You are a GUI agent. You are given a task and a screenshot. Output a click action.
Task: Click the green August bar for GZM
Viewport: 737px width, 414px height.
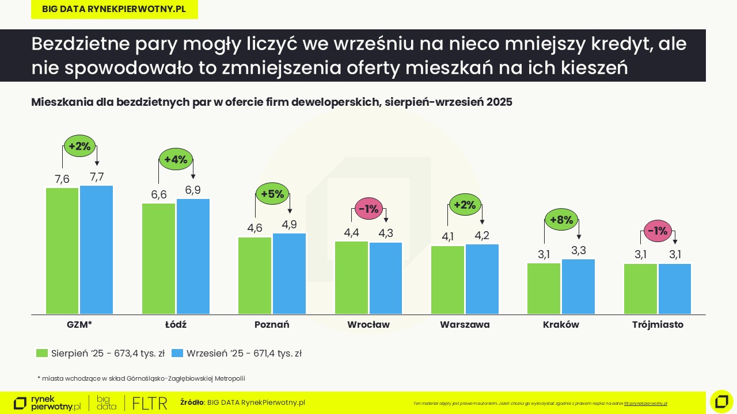click(62, 251)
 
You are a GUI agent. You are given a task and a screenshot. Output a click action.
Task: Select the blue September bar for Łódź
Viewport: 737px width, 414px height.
click(193, 256)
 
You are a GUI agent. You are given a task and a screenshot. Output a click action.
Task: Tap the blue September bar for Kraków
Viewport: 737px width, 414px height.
click(578, 286)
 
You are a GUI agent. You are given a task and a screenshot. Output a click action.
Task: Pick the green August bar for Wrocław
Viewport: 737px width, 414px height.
click(351, 277)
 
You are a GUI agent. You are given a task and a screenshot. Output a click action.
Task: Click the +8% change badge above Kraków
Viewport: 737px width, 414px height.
click(561, 220)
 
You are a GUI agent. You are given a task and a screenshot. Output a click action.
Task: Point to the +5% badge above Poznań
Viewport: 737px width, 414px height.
click(272, 194)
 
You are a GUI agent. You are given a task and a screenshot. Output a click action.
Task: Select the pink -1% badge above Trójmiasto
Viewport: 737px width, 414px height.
click(658, 231)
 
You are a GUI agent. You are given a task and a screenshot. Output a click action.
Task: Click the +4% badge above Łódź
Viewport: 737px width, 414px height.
click(176, 160)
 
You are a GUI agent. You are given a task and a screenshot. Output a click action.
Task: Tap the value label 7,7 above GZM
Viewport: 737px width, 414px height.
click(97, 177)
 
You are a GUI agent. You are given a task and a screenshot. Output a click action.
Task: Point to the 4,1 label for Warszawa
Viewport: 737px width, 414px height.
click(447, 236)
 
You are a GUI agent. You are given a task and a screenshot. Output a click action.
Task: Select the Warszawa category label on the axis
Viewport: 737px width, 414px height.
click(465, 324)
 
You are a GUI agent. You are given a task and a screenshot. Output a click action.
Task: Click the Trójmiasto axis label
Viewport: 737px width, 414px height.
click(658, 324)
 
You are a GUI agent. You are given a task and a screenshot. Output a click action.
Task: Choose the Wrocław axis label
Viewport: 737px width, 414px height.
click(368, 324)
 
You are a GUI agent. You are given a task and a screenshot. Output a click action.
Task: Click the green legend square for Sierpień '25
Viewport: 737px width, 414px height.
click(41, 353)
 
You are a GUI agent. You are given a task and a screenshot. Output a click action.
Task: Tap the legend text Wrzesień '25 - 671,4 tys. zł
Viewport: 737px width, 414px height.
click(244, 354)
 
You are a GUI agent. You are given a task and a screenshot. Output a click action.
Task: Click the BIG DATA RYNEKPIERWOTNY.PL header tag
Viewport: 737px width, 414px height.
click(114, 9)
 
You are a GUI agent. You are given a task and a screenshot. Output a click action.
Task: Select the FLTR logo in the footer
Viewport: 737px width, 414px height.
click(149, 402)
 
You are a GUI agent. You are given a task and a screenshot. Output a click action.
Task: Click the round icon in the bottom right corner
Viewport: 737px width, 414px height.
click(721, 401)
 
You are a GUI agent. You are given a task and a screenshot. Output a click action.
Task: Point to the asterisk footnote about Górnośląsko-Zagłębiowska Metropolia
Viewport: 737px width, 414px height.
click(141, 378)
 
